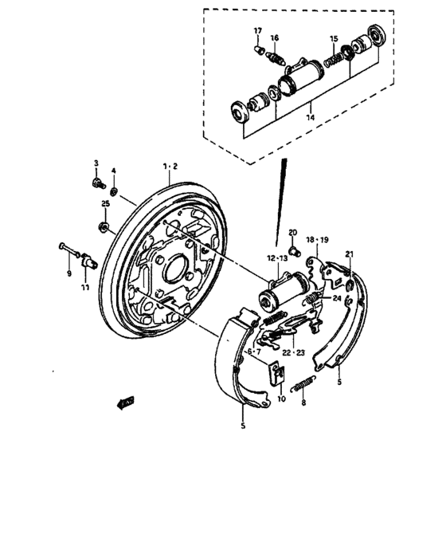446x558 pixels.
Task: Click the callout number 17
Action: [x=258, y=30]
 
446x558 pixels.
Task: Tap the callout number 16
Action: [x=274, y=37]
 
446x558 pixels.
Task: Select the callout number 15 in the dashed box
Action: [x=334, y=38]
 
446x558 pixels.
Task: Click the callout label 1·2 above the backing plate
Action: [x=170, y=166]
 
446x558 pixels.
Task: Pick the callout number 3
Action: [x=96, y=163]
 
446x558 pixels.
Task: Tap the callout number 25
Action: [x=104, y=204]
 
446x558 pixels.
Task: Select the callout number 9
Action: [x=69, y=273]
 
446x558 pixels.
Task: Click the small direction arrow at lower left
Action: [x=124, y=403]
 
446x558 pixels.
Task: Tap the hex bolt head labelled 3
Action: [x=96, y=183]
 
